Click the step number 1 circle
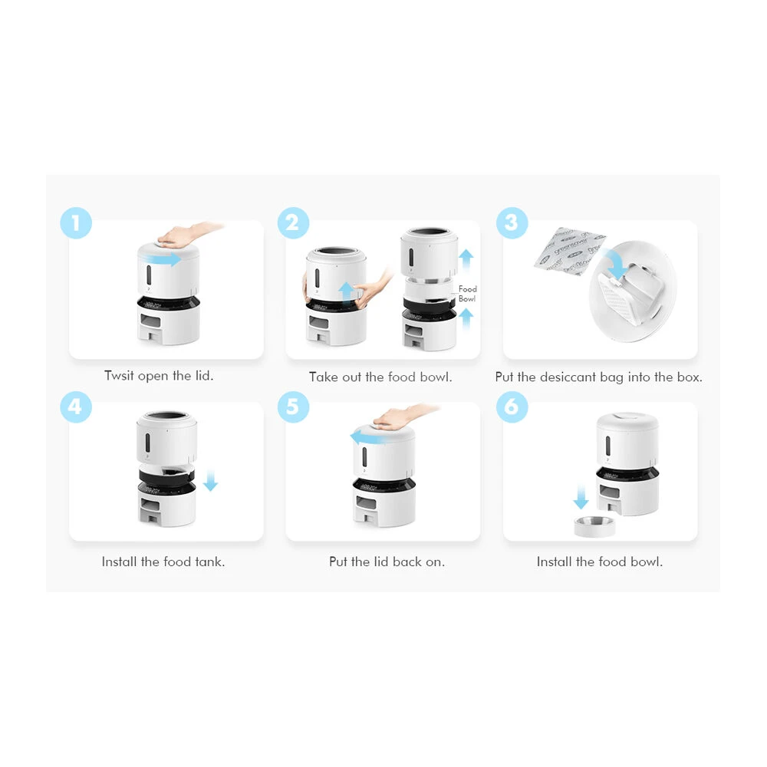tap(76, 224)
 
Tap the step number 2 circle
tap(293, 223)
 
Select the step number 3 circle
tap(512, 223)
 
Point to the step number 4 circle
tap(76, 407)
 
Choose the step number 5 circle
tap(293, 407)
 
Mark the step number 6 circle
tap(512, 407)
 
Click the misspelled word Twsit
tap(120, 376)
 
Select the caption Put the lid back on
tap(387, 561)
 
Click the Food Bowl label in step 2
tap(467, 294)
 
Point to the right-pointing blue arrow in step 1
tap(165, 259)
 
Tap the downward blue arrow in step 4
tap(211, 482)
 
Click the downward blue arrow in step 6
tap(581, 499)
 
